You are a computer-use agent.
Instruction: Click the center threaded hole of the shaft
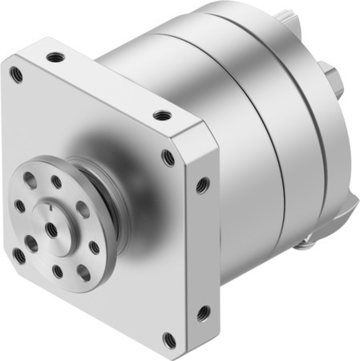click(51, 229)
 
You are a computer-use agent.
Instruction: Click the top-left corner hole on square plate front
click(15, 75)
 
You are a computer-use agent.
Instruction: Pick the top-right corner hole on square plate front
click(168, 157)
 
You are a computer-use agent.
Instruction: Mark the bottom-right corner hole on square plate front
click(165, 338)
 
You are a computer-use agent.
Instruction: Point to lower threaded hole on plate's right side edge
click(203, 311)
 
